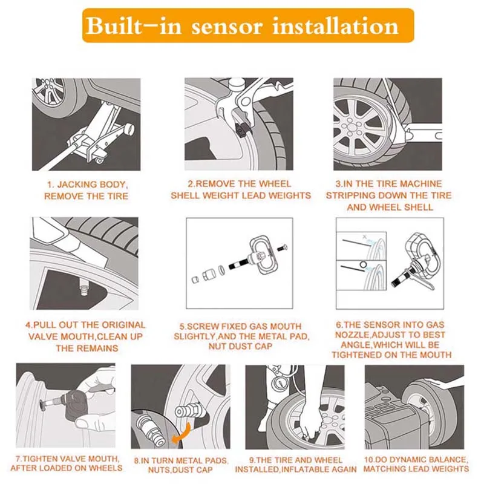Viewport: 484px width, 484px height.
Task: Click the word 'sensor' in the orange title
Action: pyautogui.click(x=226, y=26)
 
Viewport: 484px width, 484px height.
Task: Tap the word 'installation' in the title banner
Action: pyautogui.click(x=336, y=25)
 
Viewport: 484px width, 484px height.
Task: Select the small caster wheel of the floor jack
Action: pyautogui.click(x=100, y=161)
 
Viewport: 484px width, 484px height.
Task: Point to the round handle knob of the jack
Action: pyautogui.click(x=129, y=129)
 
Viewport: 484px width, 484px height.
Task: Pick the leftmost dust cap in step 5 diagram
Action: pyautogui.click(x=195, y=280)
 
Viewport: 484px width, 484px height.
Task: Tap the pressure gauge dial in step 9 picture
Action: pyautogui.click(x=280, y=383)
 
